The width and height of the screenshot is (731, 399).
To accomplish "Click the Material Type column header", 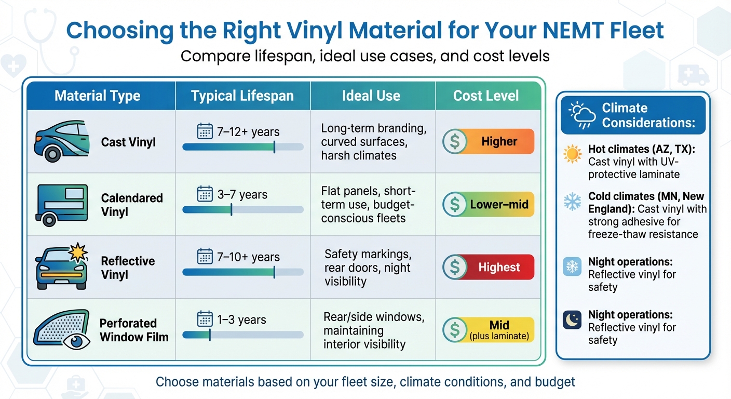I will [97, 96].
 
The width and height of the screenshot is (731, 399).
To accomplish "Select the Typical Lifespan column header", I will [242, 96].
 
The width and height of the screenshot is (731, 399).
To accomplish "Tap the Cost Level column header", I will [486, 96].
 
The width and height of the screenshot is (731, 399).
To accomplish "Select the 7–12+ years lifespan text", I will [249, 131].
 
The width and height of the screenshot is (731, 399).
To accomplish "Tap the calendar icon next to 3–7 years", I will [205, 194].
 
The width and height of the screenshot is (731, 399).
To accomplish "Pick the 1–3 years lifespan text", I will [241, 320].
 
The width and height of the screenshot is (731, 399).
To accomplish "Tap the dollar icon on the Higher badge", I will [454, 142].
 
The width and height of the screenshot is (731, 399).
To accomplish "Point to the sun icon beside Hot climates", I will [573, 155].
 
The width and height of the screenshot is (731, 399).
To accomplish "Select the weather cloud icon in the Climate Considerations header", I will [581, 115].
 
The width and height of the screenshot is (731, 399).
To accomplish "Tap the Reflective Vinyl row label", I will [128, 268].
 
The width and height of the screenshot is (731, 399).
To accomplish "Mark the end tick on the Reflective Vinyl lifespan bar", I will [274, 272].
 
